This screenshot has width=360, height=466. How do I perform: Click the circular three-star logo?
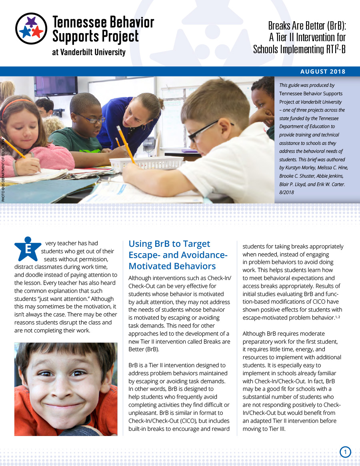31,29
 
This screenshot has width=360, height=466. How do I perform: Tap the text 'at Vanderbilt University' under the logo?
89,52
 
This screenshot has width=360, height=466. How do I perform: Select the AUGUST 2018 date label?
323,72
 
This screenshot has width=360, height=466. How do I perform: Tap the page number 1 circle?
345,452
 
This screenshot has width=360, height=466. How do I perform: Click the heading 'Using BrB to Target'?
169,244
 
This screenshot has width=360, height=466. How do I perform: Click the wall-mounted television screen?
56,86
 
